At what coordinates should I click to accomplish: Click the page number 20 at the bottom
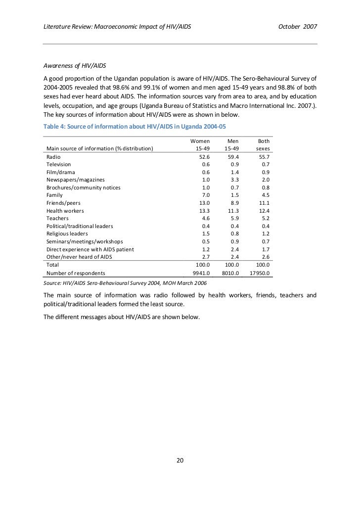point(180,461)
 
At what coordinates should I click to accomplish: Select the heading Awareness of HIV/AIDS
point(75,66)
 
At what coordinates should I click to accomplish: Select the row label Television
point(59,164)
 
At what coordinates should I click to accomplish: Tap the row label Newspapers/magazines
point(75,180)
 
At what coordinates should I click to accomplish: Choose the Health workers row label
point(65,211)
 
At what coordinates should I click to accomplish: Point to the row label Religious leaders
point(67,233)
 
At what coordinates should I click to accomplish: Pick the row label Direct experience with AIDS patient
point(90,249)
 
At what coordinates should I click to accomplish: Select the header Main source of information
point(99,148)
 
